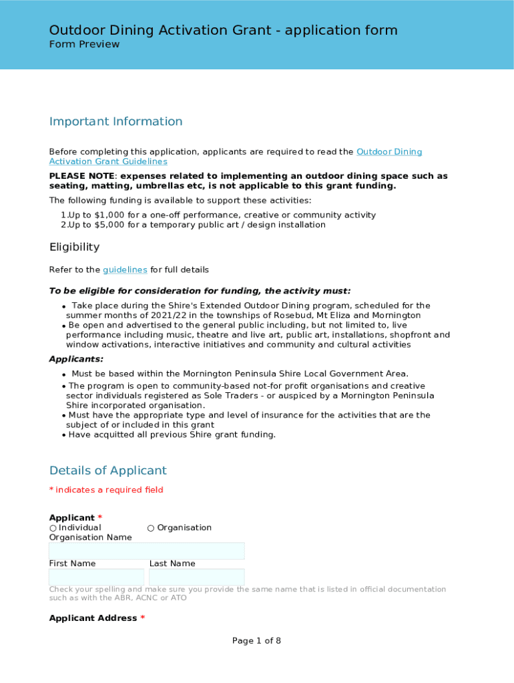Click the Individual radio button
[53, 528]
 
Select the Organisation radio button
[151, 528]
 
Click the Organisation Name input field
[146, 551]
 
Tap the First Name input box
[96, 577]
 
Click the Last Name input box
[196, 577]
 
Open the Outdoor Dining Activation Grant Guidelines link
[389, 152]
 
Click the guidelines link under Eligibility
[125, 270]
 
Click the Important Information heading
[115, 121]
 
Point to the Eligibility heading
[74, 247]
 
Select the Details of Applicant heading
[107, 471]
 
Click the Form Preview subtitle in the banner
[84, 45]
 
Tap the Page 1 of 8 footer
[256, 641]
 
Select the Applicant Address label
[93, 618]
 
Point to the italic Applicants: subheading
[76, 360]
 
